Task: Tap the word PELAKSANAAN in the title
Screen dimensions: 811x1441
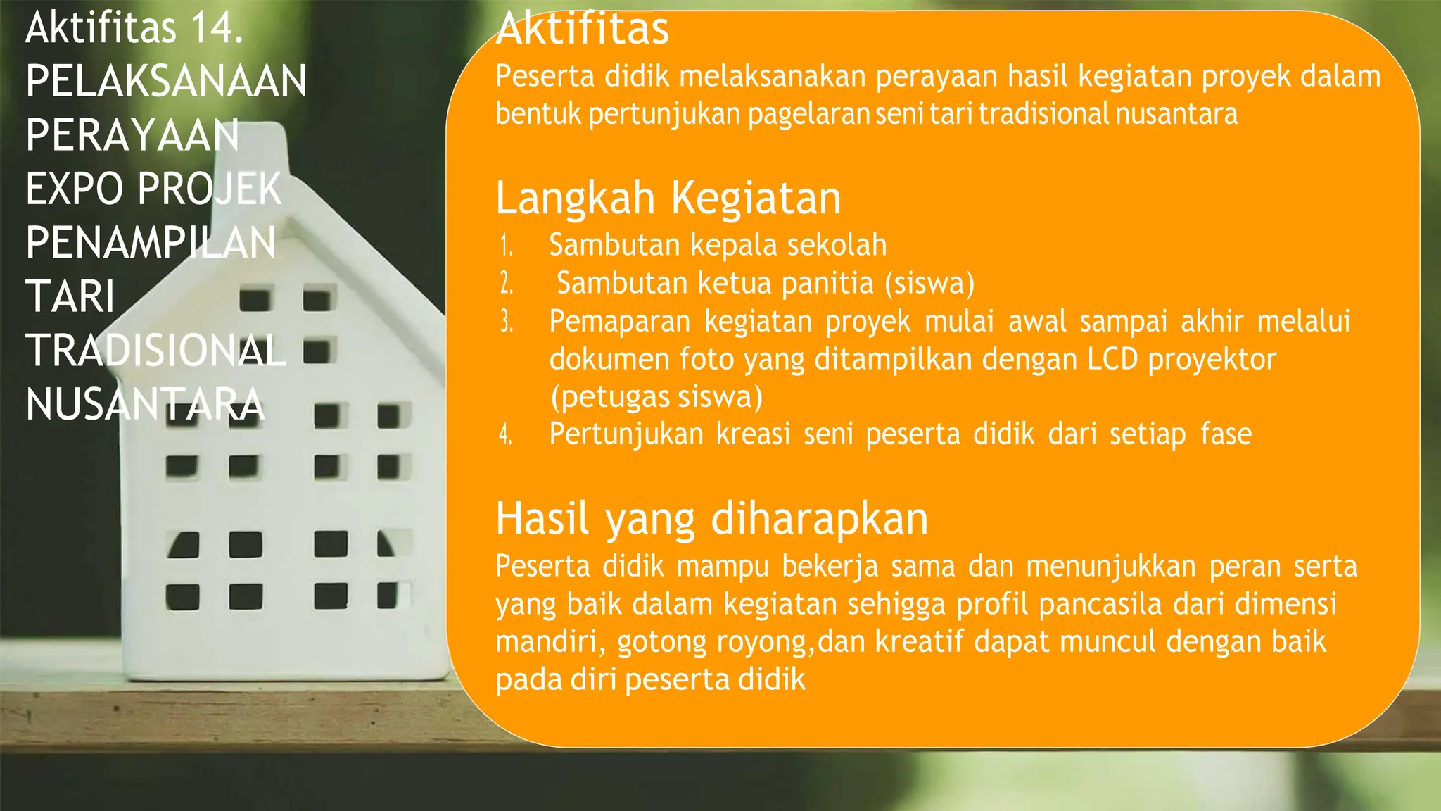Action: (x=166, y=82)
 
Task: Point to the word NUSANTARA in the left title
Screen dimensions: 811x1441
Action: (x=145, y=405)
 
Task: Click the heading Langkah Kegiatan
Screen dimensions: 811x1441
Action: (x=668, y=198)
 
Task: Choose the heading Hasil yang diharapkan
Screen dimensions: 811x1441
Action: (x=711, y=519)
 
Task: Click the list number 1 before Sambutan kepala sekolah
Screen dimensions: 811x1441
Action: (x=506, y=246)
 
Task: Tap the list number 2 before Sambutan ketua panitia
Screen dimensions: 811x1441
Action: (x=506, y=284)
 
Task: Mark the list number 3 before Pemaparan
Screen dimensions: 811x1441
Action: (x=506, y=322)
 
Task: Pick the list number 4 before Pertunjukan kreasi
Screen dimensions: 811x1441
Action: (x=505, y=434)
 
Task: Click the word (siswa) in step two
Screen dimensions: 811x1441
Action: (x=929, y=284)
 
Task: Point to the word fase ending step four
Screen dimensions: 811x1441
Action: (x=1226, y=434)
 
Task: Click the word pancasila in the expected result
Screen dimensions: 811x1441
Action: (x=1099, y=604)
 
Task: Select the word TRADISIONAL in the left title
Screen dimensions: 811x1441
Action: (x=155, y=351)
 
